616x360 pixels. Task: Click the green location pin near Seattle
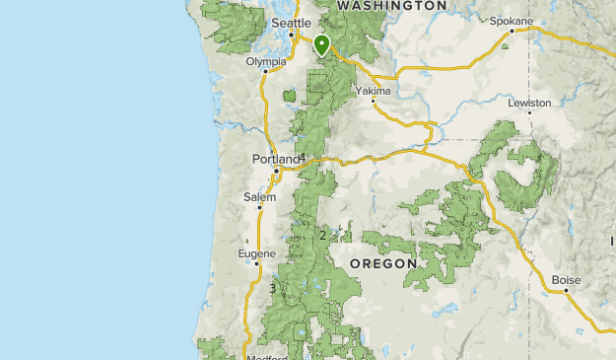point(321,43)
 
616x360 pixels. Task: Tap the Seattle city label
point(291,23)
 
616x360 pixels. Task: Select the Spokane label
point(511,21)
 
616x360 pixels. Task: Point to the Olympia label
point(266,60)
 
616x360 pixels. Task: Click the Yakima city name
point(374,91)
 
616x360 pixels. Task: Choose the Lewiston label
point(529,102)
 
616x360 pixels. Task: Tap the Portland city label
point(275,159)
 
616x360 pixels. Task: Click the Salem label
point(259,197)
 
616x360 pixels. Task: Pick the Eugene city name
point(256,253)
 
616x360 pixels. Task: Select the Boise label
point(566,280)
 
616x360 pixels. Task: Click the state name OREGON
point(383,263)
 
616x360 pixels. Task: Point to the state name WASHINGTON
point(391,6)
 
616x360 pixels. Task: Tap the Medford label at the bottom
point(266,357)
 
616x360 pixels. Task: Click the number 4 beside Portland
point(303,159)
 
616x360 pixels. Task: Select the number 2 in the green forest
point(322,235)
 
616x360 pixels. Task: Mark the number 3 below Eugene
point(272,288)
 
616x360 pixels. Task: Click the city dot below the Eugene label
point(256,263)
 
